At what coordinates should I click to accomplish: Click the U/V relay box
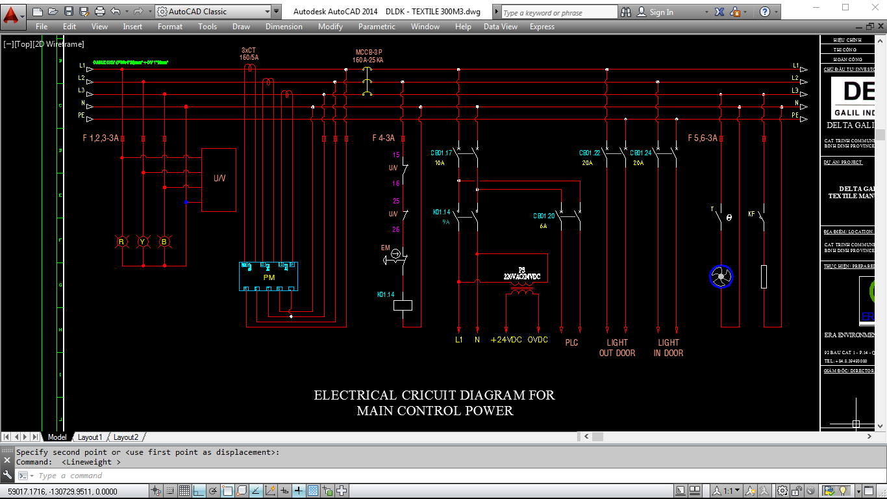point(219,179)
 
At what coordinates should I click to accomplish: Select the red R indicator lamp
point(121,242)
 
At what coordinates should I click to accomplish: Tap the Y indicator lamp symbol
point(142,242)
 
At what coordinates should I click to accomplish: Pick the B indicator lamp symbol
point(164,242)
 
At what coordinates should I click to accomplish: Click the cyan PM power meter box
point(269,277)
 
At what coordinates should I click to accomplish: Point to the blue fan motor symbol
point(721,277)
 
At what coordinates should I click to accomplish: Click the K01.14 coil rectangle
point(403,305)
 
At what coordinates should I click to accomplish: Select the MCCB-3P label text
point(368,52)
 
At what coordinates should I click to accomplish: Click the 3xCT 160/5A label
point(249,53)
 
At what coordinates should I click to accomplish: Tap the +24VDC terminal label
point(506,340)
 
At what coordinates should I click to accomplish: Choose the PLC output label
point(571,342)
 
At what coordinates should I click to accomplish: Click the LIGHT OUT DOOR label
point(617,348)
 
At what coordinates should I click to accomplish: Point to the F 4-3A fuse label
point(383,138)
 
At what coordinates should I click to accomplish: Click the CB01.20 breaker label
point(544,216)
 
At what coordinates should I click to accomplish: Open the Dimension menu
point(284,27)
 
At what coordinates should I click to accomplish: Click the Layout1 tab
point(90,437)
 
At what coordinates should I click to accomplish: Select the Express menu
point(542,27)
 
